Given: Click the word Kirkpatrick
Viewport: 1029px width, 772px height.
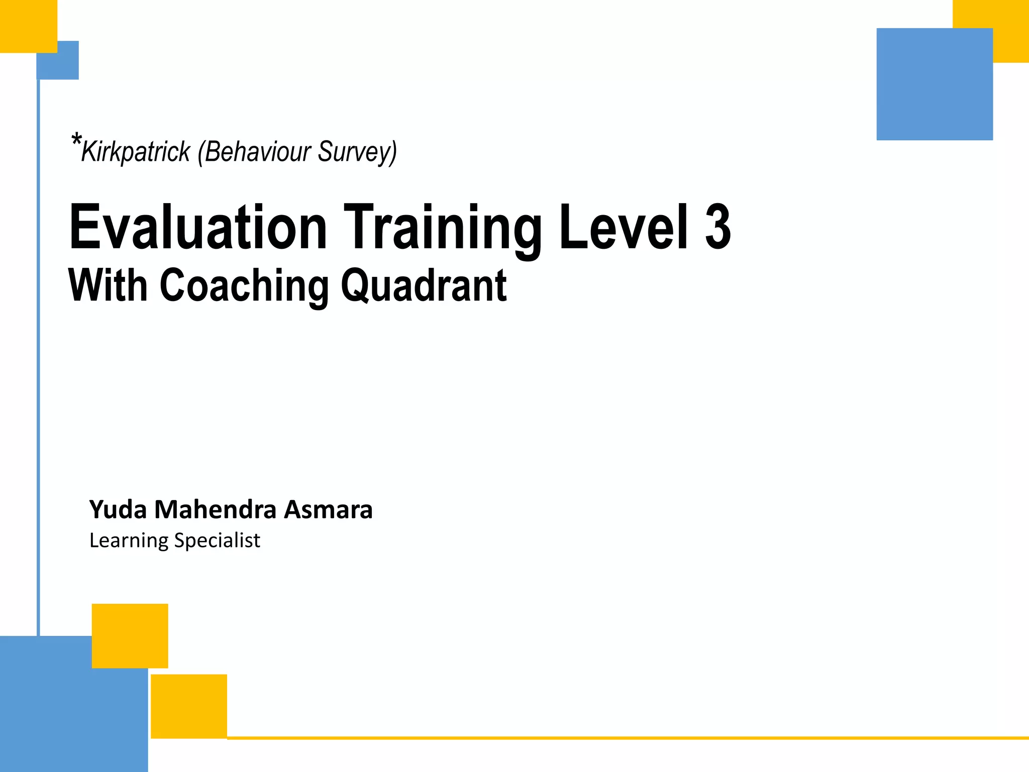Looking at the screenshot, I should coord(136,151).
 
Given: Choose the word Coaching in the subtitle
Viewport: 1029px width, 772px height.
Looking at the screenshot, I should coord(244,286).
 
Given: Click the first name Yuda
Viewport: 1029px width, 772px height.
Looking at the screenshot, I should coord(118,510).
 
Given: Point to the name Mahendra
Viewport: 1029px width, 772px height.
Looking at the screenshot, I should coord(216,510).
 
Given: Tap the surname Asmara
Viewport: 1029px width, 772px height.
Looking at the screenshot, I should coord(328,510).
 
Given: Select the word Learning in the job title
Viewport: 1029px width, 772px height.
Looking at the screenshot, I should coord(129,541).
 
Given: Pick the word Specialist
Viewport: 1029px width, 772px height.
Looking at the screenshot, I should coord(217,541).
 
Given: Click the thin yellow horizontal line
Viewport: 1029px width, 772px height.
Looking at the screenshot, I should coord(628,738).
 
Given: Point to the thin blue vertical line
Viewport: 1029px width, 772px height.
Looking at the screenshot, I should coord(38,352).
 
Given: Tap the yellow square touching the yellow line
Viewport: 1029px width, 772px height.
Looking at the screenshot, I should coord(189,706).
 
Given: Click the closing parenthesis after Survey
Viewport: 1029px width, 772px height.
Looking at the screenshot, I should coord(393,152).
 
